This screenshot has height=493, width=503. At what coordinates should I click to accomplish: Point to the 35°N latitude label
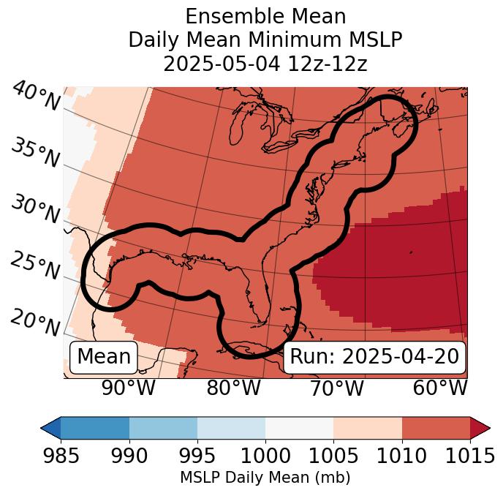tap(35, 153)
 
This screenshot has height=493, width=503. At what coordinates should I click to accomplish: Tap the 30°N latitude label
tap(34, 210)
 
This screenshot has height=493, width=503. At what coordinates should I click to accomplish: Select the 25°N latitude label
tap(34, 266)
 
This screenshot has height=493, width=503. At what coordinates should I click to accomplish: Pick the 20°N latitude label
tap(35, 322)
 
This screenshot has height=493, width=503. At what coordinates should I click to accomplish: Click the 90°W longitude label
tap(129, 388)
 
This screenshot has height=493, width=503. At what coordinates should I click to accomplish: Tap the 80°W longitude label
tap(233, 388)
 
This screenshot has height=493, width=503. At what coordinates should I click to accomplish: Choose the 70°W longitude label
tap(337, 388)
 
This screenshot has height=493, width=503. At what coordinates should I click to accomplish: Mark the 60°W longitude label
tap(440, 388)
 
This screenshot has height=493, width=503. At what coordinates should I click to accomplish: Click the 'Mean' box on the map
tap(104, 357)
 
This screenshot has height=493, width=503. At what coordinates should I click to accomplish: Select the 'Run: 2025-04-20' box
tap(374, 357)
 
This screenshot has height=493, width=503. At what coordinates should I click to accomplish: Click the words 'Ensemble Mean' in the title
tap(265, 16)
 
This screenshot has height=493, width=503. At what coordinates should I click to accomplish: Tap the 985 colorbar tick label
tap(61, 456)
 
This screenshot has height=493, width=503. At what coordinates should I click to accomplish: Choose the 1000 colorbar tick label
tap(265, 456)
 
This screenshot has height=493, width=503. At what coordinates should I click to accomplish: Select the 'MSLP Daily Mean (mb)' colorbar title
tap(265, 478)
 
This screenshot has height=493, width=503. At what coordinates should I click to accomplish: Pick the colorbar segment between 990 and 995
tap(163, 428)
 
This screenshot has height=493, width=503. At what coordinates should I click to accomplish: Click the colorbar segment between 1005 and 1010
tap(367, 428)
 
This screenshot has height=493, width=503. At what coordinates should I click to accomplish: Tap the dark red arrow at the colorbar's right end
tap(480, 428)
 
